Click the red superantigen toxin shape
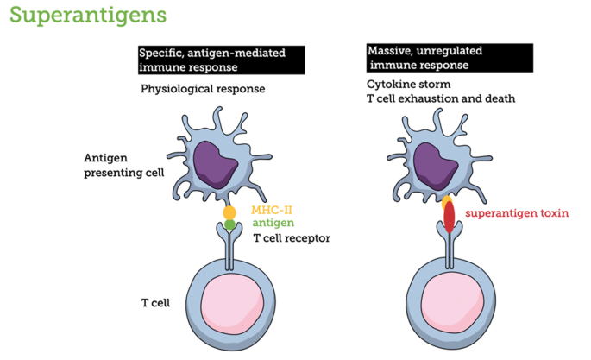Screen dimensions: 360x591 tap(450, 218)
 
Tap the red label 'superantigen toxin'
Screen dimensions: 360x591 tap(517, 213)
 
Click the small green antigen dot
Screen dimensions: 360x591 tap(229, 224)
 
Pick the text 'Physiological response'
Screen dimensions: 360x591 tap(203, 89)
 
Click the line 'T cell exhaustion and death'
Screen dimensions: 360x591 tap(441, 98)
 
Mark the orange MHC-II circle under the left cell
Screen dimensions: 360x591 tap(229, 212)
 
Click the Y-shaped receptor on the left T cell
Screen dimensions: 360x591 tap(229, 246)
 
